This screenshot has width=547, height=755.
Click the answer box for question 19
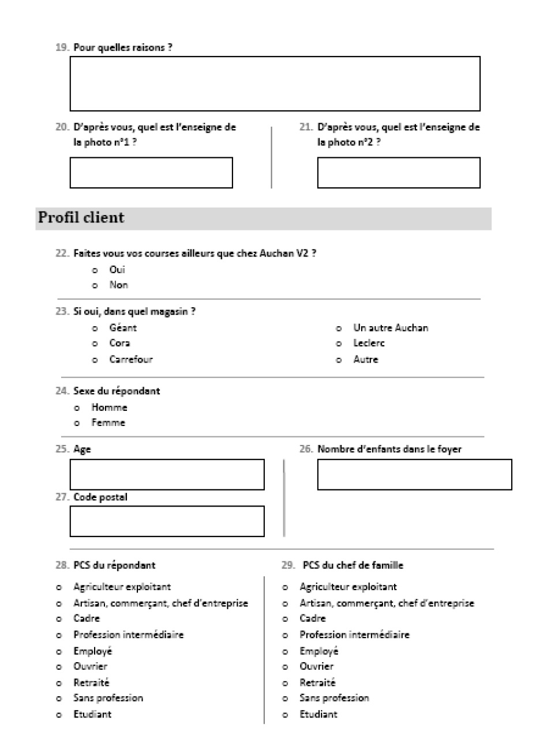[x=275, y=84]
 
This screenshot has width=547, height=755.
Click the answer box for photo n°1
[x=151, y=172]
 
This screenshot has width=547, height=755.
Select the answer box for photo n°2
[x=398, y=172]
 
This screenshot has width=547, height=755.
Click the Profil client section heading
[x=81, y=218]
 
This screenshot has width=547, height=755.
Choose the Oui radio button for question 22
[x=95, y=270]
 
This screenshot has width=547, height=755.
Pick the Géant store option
[x=95, y=329]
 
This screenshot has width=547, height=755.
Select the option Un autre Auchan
[x=339, y=329]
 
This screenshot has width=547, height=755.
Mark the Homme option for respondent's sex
[x=77, y=408]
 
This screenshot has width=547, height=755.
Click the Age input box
[x=167, y=474]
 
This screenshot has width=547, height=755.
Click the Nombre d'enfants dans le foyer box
[x=414, y=474]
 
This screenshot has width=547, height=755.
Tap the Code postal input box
[x=167, y=521]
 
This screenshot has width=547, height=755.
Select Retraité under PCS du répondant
[x=59, y=684]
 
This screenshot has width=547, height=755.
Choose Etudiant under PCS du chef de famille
[x=285, y=715]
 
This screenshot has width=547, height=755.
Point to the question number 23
[x=62, y=312]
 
